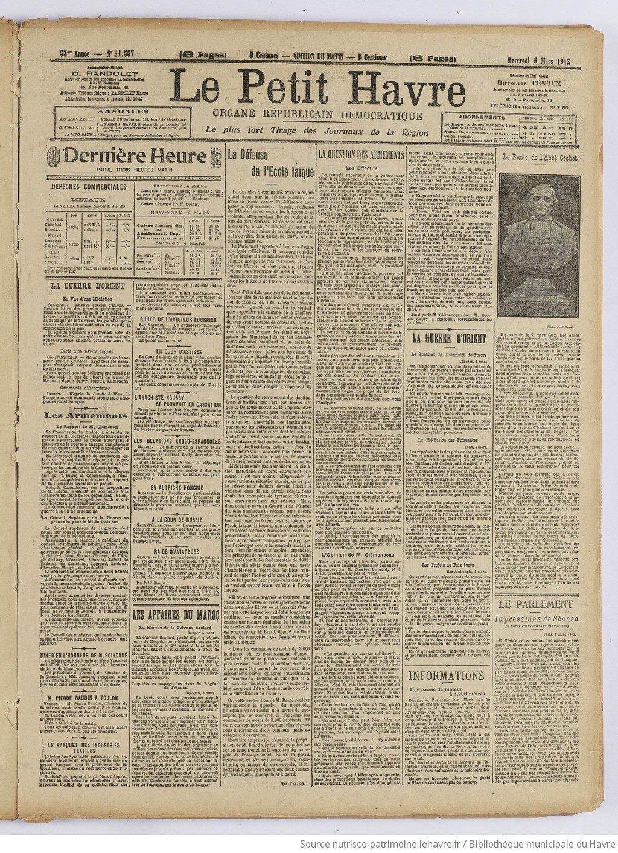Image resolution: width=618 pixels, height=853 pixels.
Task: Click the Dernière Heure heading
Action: pos(137,156)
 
